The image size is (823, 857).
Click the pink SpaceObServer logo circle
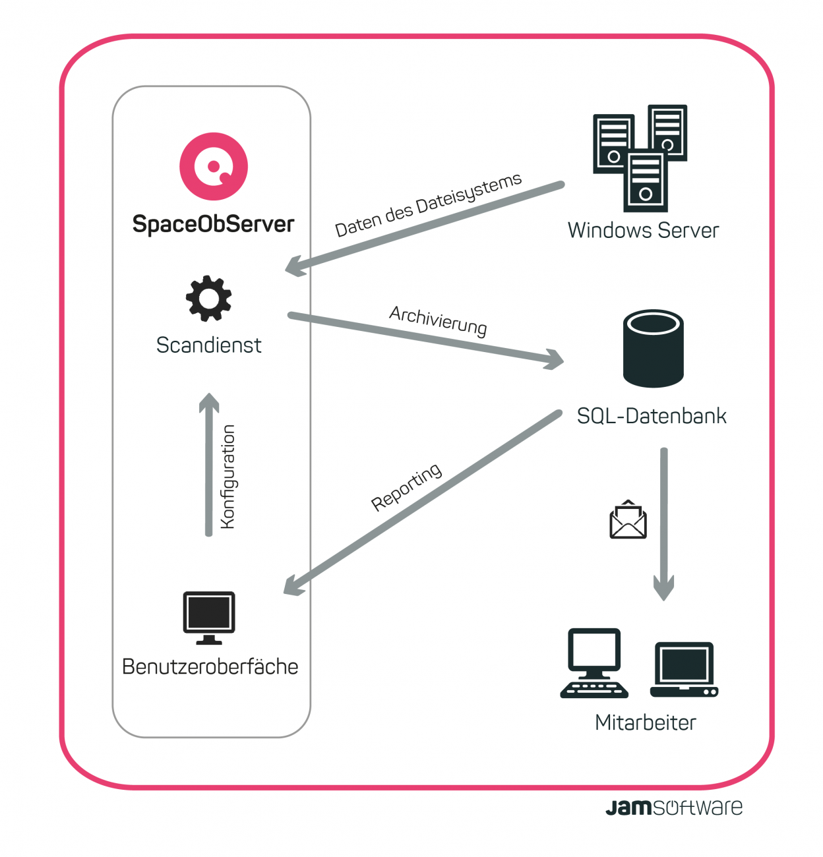(x=214, y=166)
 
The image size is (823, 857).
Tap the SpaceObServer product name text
(x=213, y=224)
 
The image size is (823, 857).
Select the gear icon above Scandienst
(x=209, y=298)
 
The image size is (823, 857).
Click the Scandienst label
(x=208, y=345)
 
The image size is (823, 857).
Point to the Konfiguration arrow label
(x=228, y=476)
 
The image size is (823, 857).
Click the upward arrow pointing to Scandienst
(x=209, y=461)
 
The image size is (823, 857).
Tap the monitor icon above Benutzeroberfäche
(x=209, y=617)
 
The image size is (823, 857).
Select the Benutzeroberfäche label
(x=210, y=666)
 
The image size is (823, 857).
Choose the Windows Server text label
(x=643, y=230)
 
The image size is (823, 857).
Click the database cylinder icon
(x=653, y=348)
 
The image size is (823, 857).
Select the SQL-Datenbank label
(x=652, y=416)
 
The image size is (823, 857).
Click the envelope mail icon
(x=628, y=520)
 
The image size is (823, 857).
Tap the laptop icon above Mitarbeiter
(x=684, y=669)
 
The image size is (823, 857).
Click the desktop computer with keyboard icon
(x=594, y=663)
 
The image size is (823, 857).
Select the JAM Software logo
(x=673, y=808)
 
